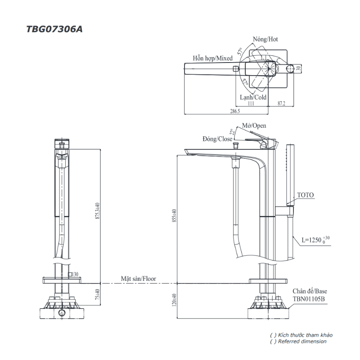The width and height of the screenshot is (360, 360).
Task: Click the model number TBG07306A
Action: coord(54,29)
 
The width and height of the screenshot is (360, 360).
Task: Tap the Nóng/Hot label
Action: coord(265,39)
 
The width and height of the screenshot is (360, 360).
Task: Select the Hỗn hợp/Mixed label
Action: coord(212,58)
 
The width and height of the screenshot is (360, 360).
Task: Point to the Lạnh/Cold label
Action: coord(253,97)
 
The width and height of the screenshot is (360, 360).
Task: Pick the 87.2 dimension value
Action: coord(281,104)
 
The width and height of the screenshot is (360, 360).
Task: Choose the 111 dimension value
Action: coord(251,104)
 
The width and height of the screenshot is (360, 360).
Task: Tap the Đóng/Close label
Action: coord(217,139)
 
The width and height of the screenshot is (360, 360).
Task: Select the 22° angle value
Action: coord(232,132)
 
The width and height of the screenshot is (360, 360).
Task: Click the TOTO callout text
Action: coord(306,195)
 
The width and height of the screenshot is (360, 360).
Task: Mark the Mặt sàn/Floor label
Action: coord(138,279)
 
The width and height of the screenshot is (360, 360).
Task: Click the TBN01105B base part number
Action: coord(309,298)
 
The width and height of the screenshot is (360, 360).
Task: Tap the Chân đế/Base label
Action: coord(310,291)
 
